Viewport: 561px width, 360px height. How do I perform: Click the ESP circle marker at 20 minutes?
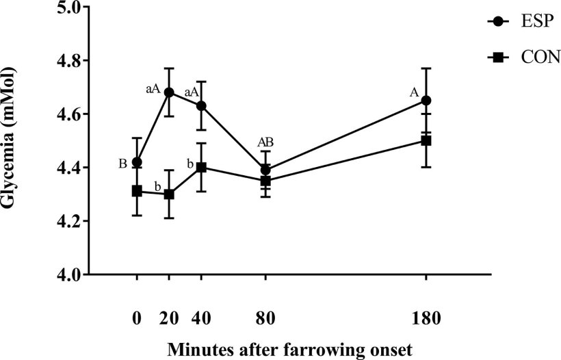pyautogui.click(x=169, y=92)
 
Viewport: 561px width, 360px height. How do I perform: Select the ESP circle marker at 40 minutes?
pyautogui.click(x=201, y=106)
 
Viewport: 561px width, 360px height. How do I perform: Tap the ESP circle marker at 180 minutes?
pyautogui.click(x=426, y=101)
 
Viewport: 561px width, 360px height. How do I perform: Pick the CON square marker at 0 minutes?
pyautogui.click(x=137, y=191)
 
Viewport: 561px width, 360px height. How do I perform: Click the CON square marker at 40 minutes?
pyautogui.click(x=201, y=167)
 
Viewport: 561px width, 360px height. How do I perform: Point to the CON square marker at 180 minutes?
pyautogui.click(x=426, y=140)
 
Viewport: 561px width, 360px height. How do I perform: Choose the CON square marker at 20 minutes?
pyautogui.click(x=169, y=194)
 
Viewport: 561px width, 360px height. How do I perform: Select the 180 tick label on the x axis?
pyautogui.click(x=426, y=318)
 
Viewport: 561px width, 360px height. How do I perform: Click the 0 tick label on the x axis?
pyautogui.click(x=137, y=318)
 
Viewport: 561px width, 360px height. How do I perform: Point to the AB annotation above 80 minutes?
pyautogui.click(x=265, y=142)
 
